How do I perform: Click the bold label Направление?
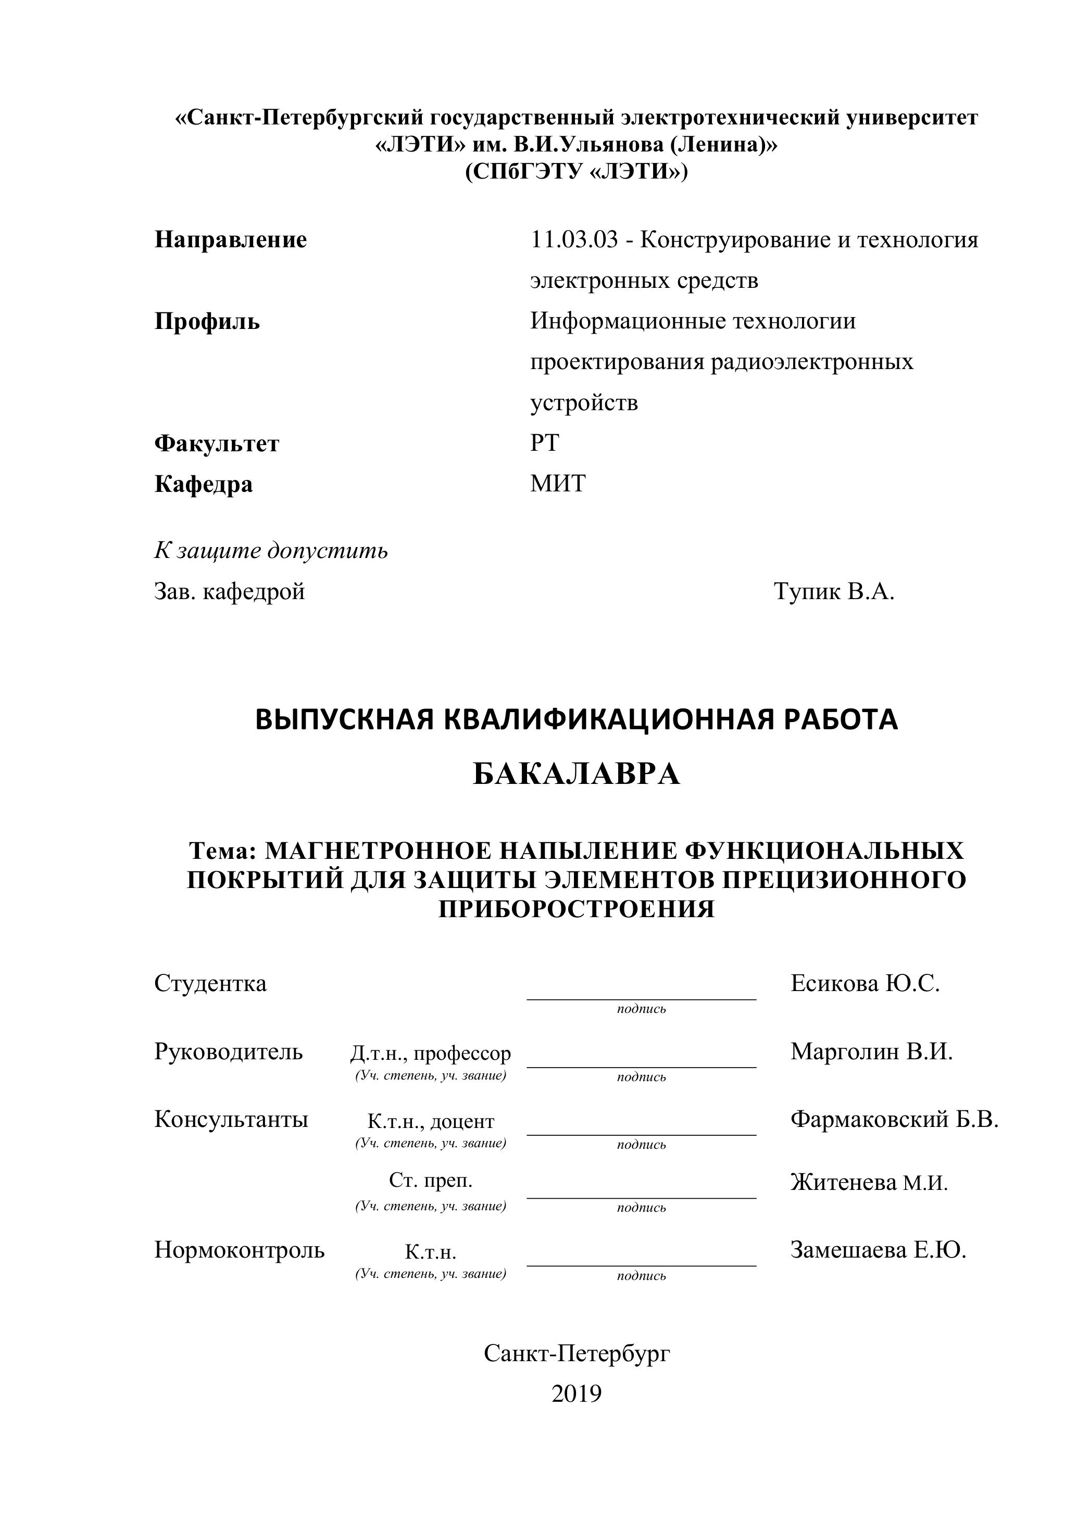click(231, 240)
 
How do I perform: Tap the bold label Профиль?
click(207, 322)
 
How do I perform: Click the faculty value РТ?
click(544, 443)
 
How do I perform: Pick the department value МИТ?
click(558, 484)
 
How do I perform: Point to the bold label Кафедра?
click(204, 485)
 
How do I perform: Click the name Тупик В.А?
click(834, 591)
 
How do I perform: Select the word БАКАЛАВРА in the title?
click(577, 774)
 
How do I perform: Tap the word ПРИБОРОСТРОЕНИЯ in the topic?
click(577, 909)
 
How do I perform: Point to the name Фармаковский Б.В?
click(894, 1120)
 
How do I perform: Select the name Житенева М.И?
click(869, 1183)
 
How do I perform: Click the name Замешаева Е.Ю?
click(878, 1250)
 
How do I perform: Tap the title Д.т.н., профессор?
click(430, 1054)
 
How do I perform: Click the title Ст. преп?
click(430, 1181)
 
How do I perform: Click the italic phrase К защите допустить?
click(271, 551)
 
